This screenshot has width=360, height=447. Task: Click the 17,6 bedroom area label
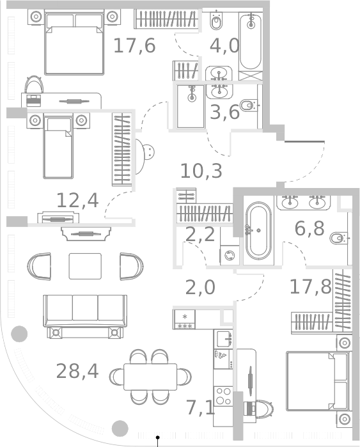(134, 46)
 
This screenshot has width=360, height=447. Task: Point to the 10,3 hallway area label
(201, 171)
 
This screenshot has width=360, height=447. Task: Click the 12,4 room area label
(77, 200)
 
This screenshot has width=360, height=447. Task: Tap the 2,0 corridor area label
(200, 288)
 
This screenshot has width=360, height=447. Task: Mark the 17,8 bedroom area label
(310, 286)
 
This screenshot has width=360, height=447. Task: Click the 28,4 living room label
(77, 370)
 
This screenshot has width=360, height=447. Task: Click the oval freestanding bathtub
(258, 230)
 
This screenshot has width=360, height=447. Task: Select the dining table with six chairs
(150, 376)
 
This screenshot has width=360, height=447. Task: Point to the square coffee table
(85, 266)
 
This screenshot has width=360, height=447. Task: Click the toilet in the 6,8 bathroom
(339, 239)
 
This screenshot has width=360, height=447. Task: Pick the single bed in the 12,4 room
(58, 146)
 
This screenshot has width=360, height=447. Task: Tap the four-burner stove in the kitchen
(223, 396)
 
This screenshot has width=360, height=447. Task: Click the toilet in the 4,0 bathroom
(216, 23)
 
